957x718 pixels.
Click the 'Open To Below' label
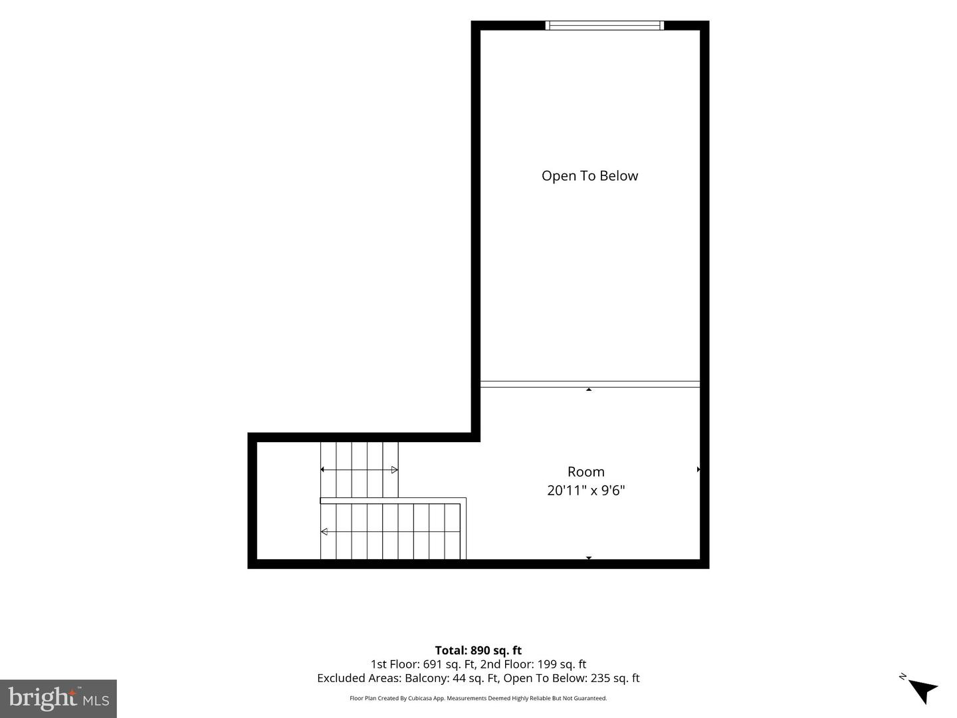[x=589, y=176]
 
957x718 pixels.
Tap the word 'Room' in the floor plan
[x=586, y=472]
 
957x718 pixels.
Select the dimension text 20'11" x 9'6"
[x=586, y=491]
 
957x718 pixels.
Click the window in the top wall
[x=605, y=25]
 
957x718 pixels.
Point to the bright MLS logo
[x=58, y=698]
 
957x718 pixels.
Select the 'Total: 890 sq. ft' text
[x=478, y=650]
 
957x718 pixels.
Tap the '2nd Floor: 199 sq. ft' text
[x=533, y=664]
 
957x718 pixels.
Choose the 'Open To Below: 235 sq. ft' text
[x=572, y=678]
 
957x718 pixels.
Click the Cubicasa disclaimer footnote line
[x=478, y=698]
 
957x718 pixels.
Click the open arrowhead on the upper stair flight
[x=394, y=469]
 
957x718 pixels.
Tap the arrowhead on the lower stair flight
[x=324, y=532]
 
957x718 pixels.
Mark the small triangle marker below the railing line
[x=589, y=390]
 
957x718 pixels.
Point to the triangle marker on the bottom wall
[x=589, y=558]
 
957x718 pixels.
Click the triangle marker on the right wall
[x=698, y=469]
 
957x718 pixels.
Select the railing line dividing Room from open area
[x=590, y=384]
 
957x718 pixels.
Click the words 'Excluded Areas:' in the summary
[x=360, y=678]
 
